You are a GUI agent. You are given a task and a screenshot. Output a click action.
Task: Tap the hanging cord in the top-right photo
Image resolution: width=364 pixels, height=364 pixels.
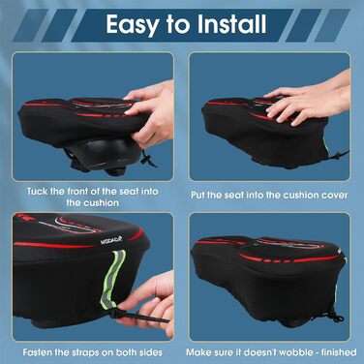pos(344,155)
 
